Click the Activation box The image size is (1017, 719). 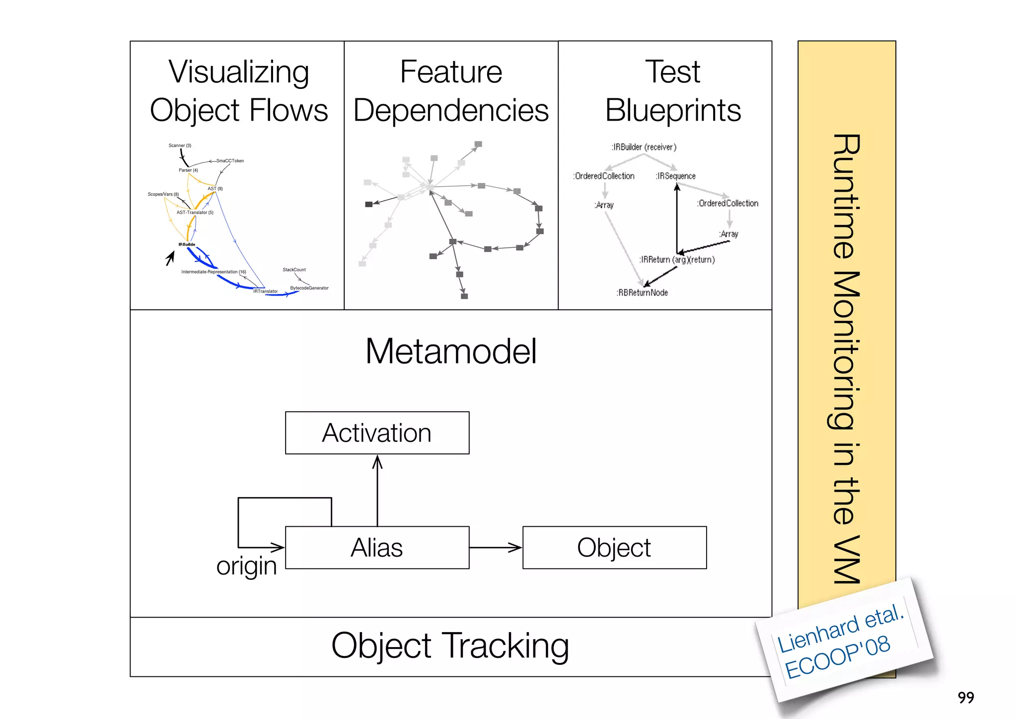pyautogui.click(x=377, y=432)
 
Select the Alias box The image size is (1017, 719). pyautogui.click(x=377, y=547)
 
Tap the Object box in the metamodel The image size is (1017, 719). pyautogui.click(x=614, y=547)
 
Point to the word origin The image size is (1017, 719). pyautogui.click(x=246, y=566)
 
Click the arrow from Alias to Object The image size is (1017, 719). pyautogui.click(x=495, y=548)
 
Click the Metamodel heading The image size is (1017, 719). pyautogui.click(x=451, y=351)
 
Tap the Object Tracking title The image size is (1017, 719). pyautogui.click(x=450, y=646)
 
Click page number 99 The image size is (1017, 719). pyautogui.click(x=966, y=698)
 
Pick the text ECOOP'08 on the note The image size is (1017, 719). pyautogui.click(x=838, y=658)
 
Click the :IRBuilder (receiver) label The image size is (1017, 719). pyautogui.click(x=644, y=147)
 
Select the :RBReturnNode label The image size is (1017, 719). pyautogui.click(x=642, y=293)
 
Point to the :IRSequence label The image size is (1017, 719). pyautogui.click(x=675, y=176)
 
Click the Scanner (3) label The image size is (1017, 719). pyautogui.click(x=180, y=145)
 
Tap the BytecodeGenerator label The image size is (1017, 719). pyautogui.click(x=309, y=288)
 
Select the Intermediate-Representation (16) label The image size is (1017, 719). pyautogui.click(x=214, y=272)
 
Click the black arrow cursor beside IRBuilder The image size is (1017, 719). pyautogui.click(x=170, y=257)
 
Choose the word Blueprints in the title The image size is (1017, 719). pyautogui.click(x=673, y=110)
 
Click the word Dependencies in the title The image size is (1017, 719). pyautogui.click(x=451, y=110)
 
